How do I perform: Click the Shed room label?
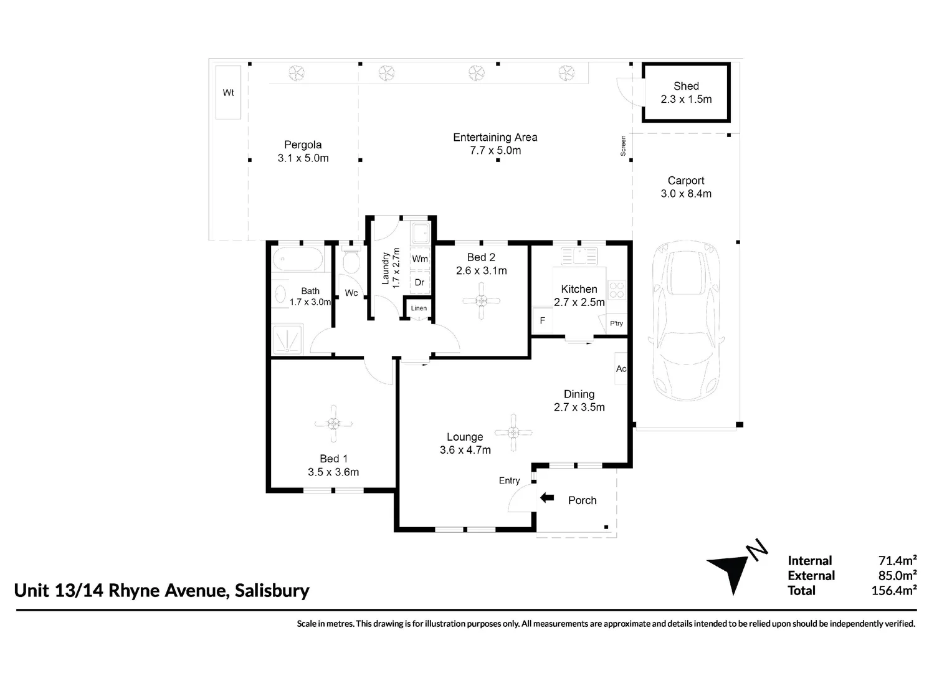pyautogui.click(x=686, y=87)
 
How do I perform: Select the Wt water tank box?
pyautogui.click(x=228, y=92)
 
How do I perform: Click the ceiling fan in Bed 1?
pyautogui.click(x=334, y=424)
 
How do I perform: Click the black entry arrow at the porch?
pyautogui.click(x=547, y=497)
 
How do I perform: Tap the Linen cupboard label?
pyautogui.click(x=419, y=308)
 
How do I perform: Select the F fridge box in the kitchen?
pyautogui.click(x=542, y=321)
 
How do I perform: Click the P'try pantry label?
pyautogui.click(x=616, y=323)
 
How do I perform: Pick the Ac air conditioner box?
pyautogui.click(x=621, y=369)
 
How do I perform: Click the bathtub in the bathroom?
pyautogui.click(x=298, y=259)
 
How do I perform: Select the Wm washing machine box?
pyautogui.click(x=420, y=259)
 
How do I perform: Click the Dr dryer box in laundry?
pyautogui.click(x=419, y=282)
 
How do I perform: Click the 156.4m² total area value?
pyautogui.click(x=893, y=590)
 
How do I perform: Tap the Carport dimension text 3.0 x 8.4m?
pyautogui.click(x=686, y=194)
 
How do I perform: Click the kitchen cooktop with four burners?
pyautogui.click(x=617, y=290)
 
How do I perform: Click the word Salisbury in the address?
pyautogui.click(x=272, y=590)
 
